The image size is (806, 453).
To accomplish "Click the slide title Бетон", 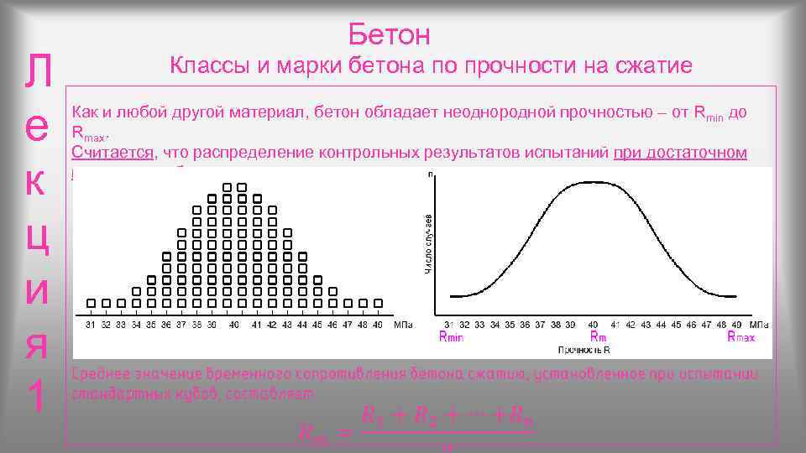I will (x=389, y=34).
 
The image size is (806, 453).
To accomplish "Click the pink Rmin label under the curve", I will (x=451, y=336).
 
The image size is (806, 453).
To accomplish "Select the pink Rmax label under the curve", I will (x=741, y=336).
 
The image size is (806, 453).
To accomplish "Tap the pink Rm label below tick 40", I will (x=598, y=336).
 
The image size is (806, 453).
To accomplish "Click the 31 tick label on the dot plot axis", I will (x=90, y=324).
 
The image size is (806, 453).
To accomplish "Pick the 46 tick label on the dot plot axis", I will (x=333, y=324).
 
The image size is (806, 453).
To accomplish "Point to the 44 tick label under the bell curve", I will (x=662, y=324).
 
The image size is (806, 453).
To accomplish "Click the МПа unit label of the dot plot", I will (x=404, y=324).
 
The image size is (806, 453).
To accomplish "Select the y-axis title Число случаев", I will (x=428, y=243).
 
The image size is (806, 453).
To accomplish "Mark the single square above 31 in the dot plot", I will (x=90, y=303).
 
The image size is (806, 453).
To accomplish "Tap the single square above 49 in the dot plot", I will (x=379, y=303).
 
